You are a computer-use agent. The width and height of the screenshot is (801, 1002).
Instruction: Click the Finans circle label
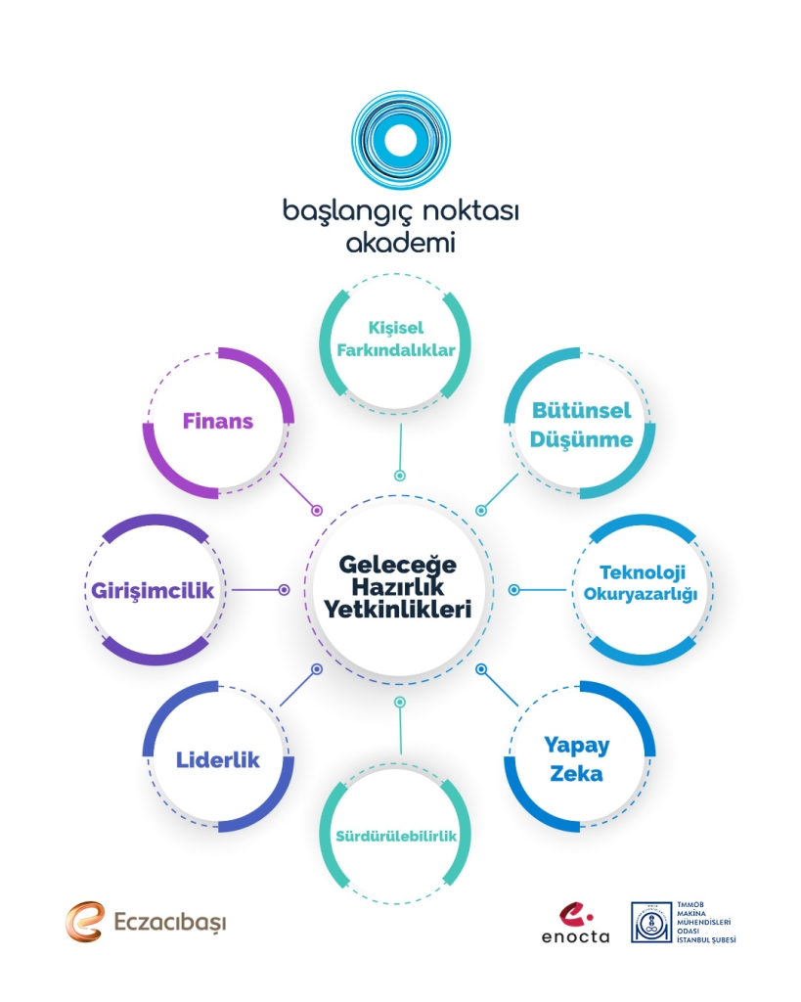click(x=218, y=422)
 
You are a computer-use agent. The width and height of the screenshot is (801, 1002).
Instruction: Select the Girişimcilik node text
click(x=153, y=591)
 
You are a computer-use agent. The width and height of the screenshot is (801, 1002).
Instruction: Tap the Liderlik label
click(x=218, y=759)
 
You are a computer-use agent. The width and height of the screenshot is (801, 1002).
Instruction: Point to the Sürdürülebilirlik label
click(x=399, y=836)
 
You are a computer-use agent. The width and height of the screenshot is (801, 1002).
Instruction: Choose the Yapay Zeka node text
click(x=577, y=759)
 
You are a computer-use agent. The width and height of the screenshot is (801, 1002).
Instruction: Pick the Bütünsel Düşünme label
click(x=581, y=424)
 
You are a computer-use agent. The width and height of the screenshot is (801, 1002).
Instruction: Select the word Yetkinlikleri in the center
click(x=399, y=610)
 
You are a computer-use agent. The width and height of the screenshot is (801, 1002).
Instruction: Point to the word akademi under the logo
click(x=400, y=242)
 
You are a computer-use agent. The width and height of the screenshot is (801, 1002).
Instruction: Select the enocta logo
click(x=575, y=923)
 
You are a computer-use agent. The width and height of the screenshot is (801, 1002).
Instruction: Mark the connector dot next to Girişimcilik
click(x=284, y=590)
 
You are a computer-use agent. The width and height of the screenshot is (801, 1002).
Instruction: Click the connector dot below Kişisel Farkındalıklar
click(x=399, y=476)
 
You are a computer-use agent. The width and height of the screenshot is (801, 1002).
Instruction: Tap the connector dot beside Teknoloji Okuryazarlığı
click(x=514, y=590)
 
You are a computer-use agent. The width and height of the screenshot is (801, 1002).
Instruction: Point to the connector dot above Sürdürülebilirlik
click(x=399, y=703)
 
